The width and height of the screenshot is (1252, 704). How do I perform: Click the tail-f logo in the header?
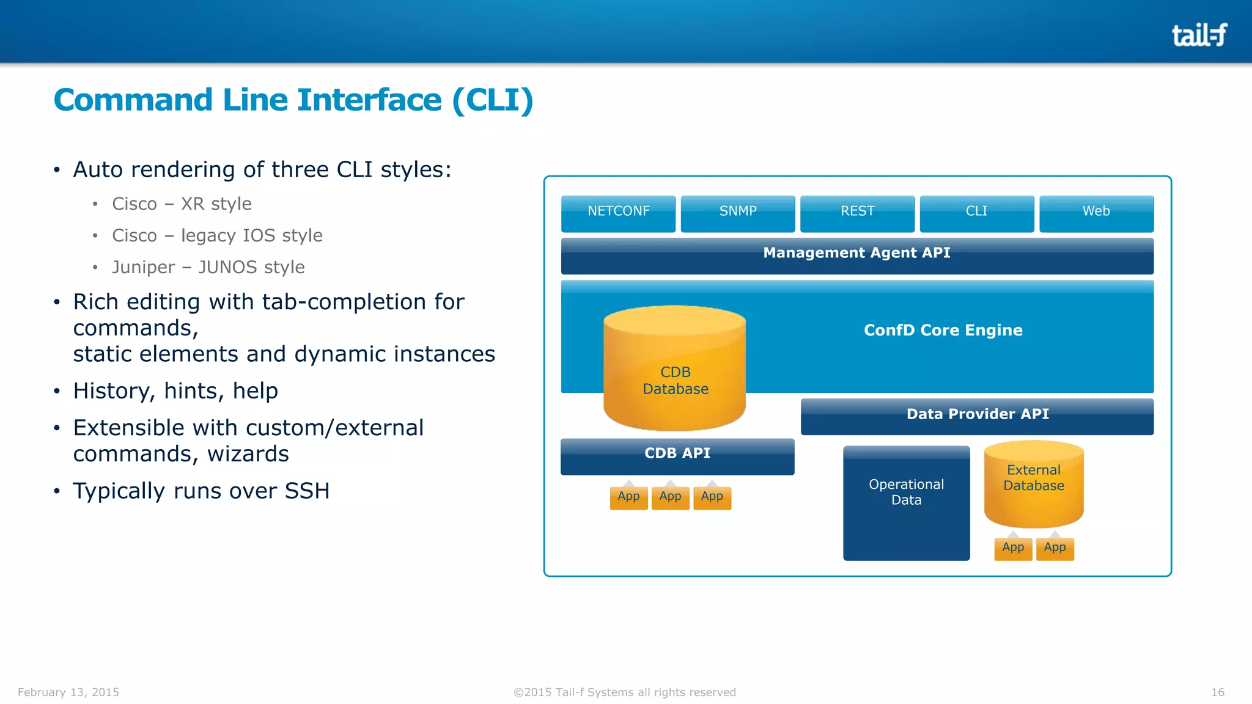(1199, 35)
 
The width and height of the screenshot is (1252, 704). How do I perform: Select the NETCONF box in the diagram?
(618, 213)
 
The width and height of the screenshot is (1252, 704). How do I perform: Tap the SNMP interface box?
(738, 213)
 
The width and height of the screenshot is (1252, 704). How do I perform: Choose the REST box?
(857, 213)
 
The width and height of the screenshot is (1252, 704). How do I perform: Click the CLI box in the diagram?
(976, 213)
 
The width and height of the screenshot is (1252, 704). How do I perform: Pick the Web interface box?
(1096, 213)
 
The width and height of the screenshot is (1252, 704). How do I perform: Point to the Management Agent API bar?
(856, 255)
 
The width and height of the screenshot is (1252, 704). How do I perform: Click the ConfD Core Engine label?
(943, 331)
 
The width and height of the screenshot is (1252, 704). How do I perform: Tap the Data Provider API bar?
(977, 416)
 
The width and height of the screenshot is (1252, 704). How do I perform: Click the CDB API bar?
(677, 455)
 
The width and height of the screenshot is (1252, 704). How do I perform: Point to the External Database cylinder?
(1034, 483)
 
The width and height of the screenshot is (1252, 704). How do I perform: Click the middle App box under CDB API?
(670, 497)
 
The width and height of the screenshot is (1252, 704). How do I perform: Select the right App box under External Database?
(1055, 548)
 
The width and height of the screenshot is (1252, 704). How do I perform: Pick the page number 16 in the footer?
(1217, 692)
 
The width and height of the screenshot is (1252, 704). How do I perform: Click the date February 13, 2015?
(68, 692)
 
